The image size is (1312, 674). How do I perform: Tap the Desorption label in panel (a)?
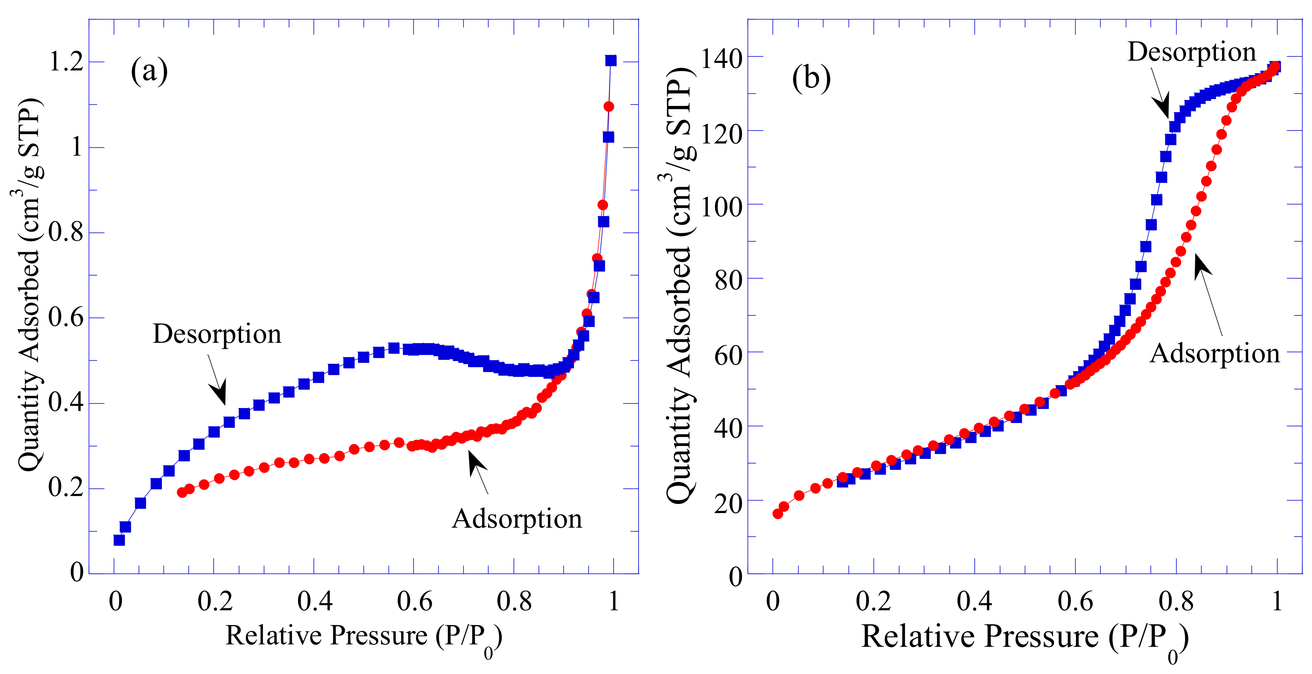(217, 334)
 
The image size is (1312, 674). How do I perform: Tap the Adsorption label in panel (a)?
(517, 519)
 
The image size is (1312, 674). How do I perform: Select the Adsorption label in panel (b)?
(1215, 353)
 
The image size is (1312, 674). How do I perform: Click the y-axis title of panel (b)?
(680, 285)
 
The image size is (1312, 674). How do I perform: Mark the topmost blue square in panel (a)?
(611, 61)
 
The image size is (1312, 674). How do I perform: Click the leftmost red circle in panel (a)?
(182, 492)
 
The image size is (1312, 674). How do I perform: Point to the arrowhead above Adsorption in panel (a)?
(476, 461)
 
